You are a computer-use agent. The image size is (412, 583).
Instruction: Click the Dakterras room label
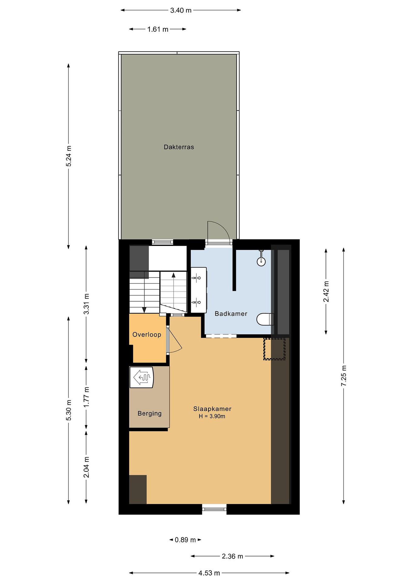pyautogui.click(x=179, y=147)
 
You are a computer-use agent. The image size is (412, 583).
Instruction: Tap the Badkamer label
pyautogui.click(x=231, y=314)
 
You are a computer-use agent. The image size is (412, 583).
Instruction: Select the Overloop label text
pyautogui.click(x=147, y=335)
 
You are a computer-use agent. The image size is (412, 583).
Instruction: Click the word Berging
pyautogui.click(x=150, y=413)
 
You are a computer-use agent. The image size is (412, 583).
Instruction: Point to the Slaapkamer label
pyautogui.click(x=212, y=409)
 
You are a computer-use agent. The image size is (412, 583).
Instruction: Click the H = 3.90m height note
pyautogui.click(x=212, y=416)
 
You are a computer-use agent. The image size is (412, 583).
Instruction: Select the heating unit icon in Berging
pyautogui.click(x=142, y=377)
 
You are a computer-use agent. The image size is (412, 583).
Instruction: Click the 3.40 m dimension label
pyautogui.click(x=181, y=10)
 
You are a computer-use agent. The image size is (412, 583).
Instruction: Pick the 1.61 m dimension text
pyautogui.click(x=158, y=29)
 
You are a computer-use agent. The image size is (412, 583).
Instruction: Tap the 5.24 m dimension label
pyautogui.click(x=69, y=156)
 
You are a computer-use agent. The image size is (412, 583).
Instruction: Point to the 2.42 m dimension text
pyautogui.click(x=326, y=291)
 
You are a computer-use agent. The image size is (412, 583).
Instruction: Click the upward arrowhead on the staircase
pyautogui.click(x=174, y=275)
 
